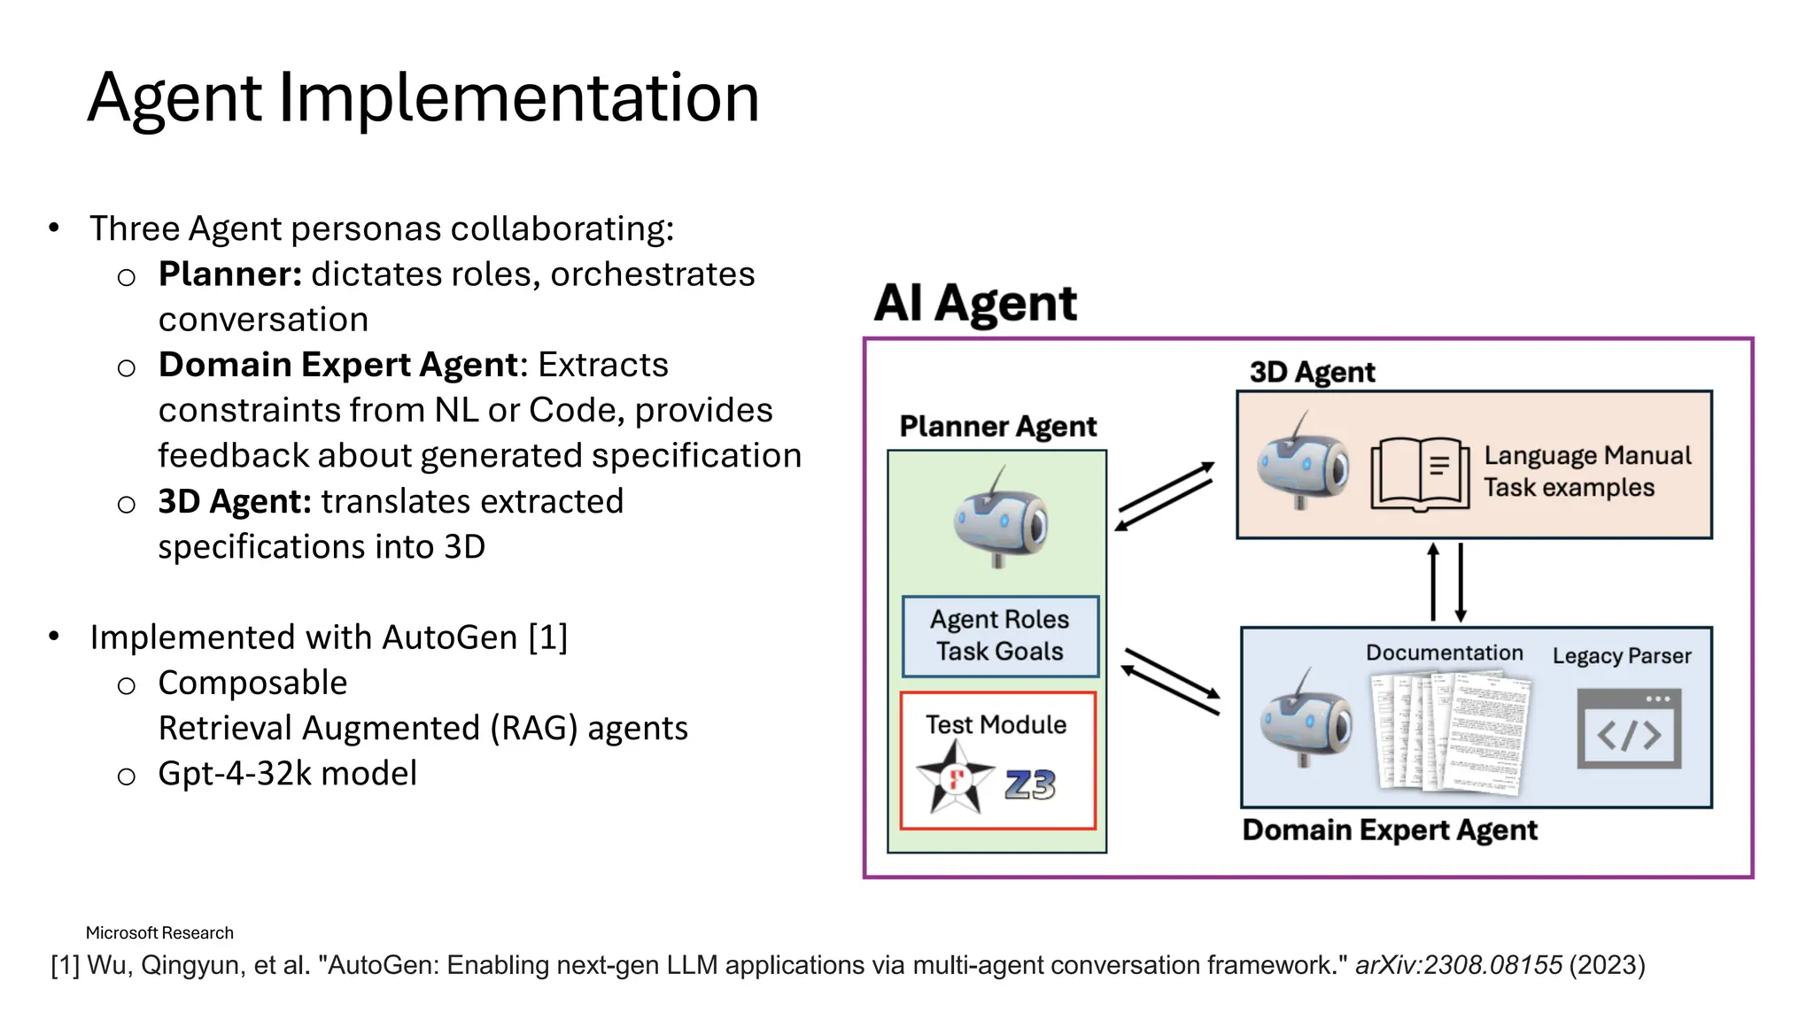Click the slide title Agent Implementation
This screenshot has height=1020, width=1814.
[423, 97]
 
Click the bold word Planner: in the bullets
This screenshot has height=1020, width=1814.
[230, 274]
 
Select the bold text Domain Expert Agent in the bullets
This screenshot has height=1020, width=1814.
[337, 365]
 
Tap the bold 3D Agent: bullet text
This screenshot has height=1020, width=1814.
[235, 502]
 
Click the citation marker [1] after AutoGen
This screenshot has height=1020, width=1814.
[547, 637]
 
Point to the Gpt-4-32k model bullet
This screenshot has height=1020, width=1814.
[287, 774]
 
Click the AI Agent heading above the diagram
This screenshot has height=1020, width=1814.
[975, 303]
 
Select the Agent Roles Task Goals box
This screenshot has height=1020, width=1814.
[1000, 636]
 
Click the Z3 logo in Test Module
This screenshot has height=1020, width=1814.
[1030, 784]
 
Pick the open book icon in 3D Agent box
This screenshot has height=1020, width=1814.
[1420, 475]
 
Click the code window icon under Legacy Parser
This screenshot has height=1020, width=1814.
[1628, 730]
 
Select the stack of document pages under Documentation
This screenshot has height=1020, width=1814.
[1451, 730]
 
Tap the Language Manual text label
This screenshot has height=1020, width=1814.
[1587, 455]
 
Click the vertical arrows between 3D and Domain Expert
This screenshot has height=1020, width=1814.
[1446, 583]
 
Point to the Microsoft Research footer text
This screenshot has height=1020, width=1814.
[159, 932]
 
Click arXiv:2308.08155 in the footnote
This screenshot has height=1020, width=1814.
[1458, 965]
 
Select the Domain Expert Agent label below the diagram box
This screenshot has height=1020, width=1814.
[1389, 831]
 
